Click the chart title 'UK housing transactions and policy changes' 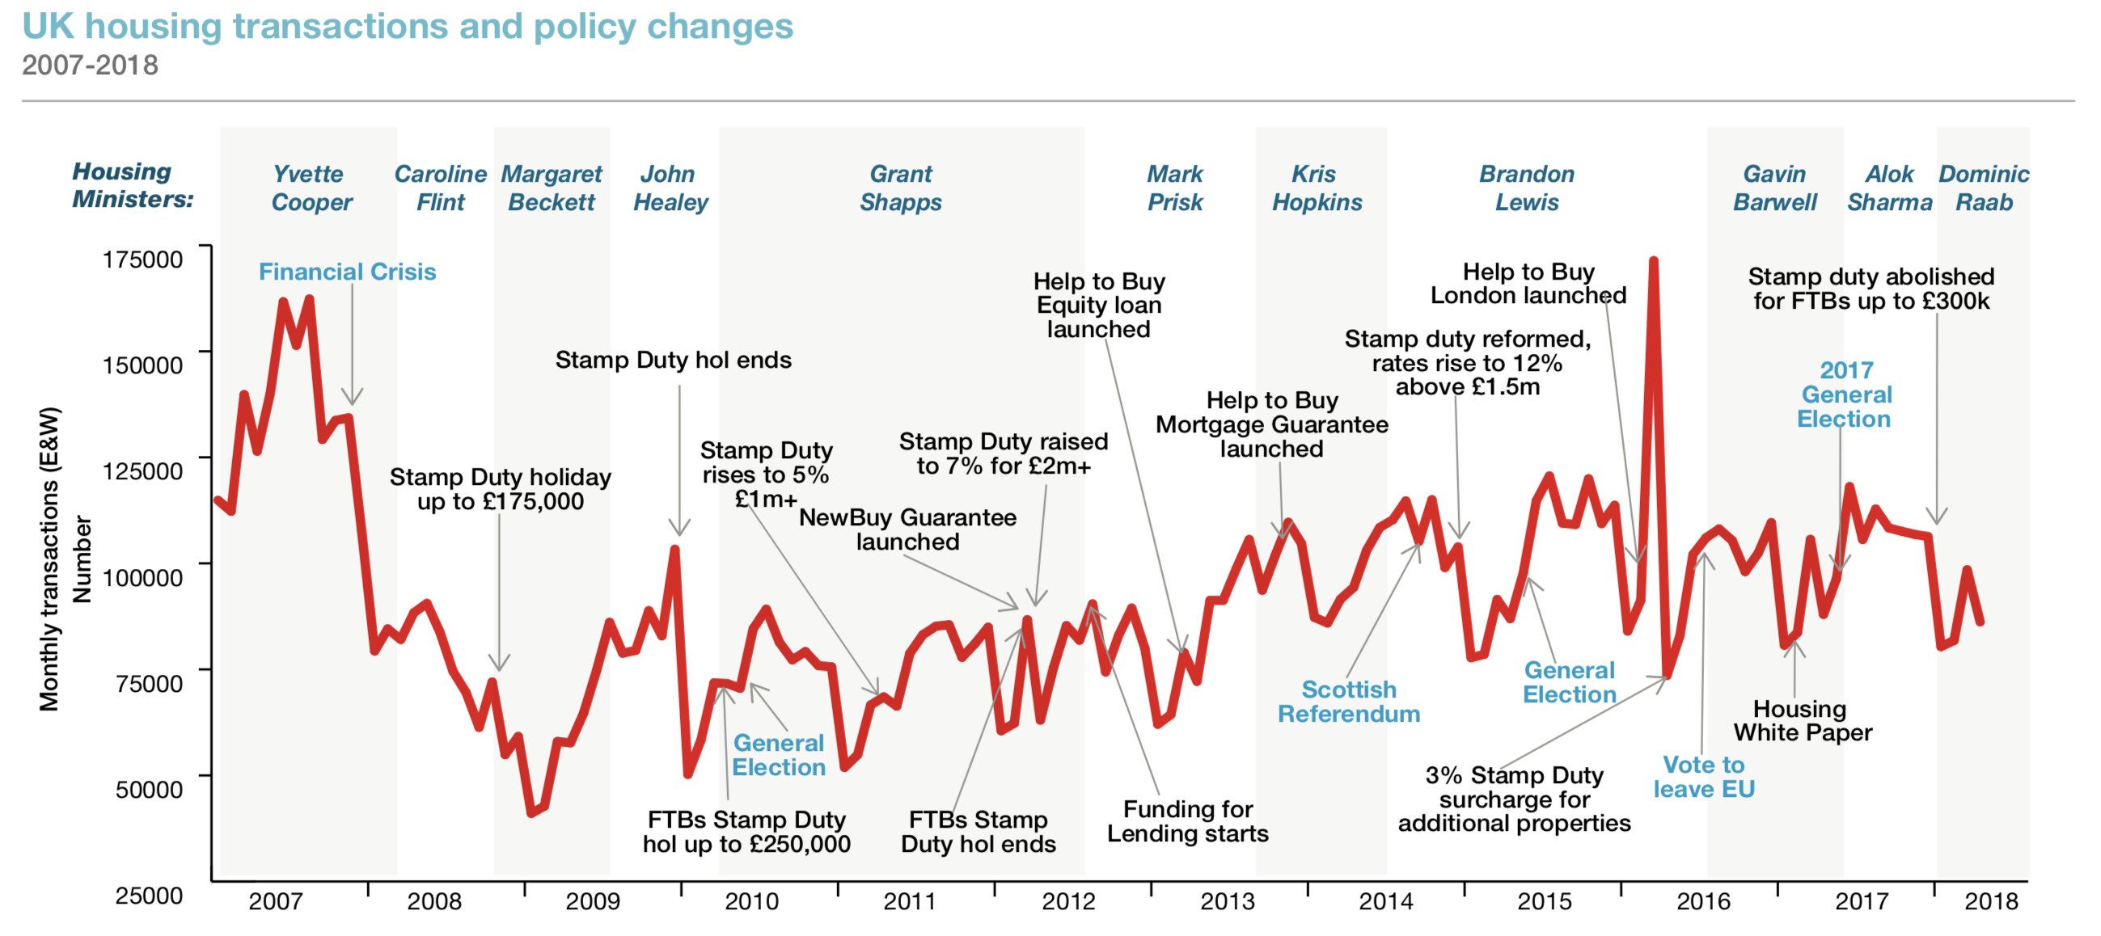(407, 26)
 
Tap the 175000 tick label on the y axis (142, 259)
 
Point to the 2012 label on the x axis (1067, 901)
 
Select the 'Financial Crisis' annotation (347, 272)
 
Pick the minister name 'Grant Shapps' (900, 188)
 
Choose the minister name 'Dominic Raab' (1984, 188)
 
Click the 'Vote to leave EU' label (1704, 776)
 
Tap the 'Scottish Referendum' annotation (1348, 701)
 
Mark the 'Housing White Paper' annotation (1803, 721)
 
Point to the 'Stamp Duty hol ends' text (673, 360)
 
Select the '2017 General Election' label (1845, 394)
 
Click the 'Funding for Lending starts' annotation (1187, 821)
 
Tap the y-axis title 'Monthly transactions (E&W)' (49, 559)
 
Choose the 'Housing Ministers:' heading (132, 185)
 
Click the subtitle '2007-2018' (90, 65)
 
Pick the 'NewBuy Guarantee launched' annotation (907, 529)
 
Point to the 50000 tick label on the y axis (149, 789)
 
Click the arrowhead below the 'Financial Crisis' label (353, 399)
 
